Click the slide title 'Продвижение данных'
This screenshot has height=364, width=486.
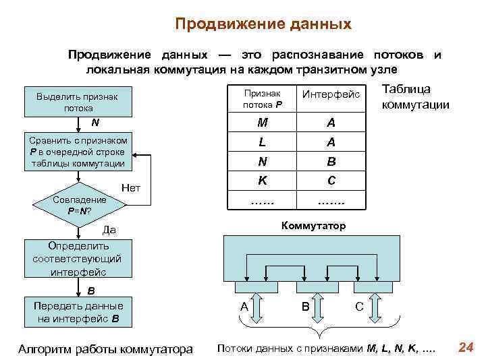click(x=263, y=25)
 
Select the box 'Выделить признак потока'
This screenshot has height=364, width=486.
click(x=78, y=102)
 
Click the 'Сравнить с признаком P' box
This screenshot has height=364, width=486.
click(x=78, y=151)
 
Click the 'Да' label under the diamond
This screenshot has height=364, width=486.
click(x=109, y=231)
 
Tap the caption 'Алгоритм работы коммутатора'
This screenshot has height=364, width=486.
click(x=105, y=348)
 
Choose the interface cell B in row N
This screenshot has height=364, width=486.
click(x=331, y=162)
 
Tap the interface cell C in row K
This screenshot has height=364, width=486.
click(x=331, y=181)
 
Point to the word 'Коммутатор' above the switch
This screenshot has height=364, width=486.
click(x=313, y=226)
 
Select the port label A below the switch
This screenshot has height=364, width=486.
click(x=245, y=307)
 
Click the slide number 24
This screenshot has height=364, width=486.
click(x=465, y=347)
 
